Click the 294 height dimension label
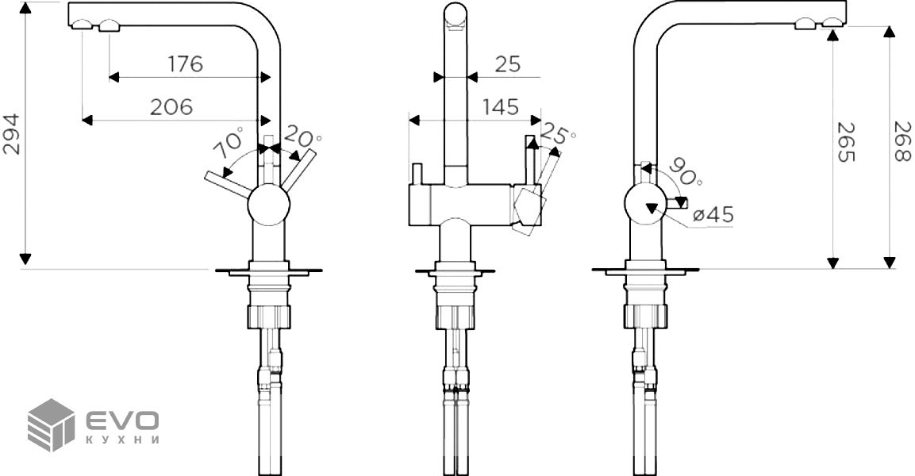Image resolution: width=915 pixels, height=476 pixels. coord(12,134)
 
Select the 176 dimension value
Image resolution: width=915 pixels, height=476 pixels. coord(186,63)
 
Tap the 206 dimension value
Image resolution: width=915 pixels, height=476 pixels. coord(171,107)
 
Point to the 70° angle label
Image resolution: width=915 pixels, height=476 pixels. coord(229,143)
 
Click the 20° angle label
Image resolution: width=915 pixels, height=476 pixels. coord(302,138)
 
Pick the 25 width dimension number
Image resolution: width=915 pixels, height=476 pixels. coord(507,63)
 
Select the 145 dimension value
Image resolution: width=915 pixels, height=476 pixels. coord(500,107)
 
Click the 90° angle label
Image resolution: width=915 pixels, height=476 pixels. coord(685,171)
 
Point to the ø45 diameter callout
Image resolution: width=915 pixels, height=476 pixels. coord(713,215)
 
